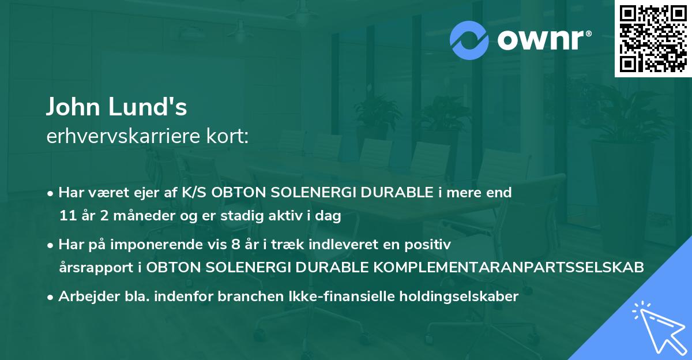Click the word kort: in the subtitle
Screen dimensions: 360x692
point(230,136)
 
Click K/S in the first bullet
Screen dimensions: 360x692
point(195,193)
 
